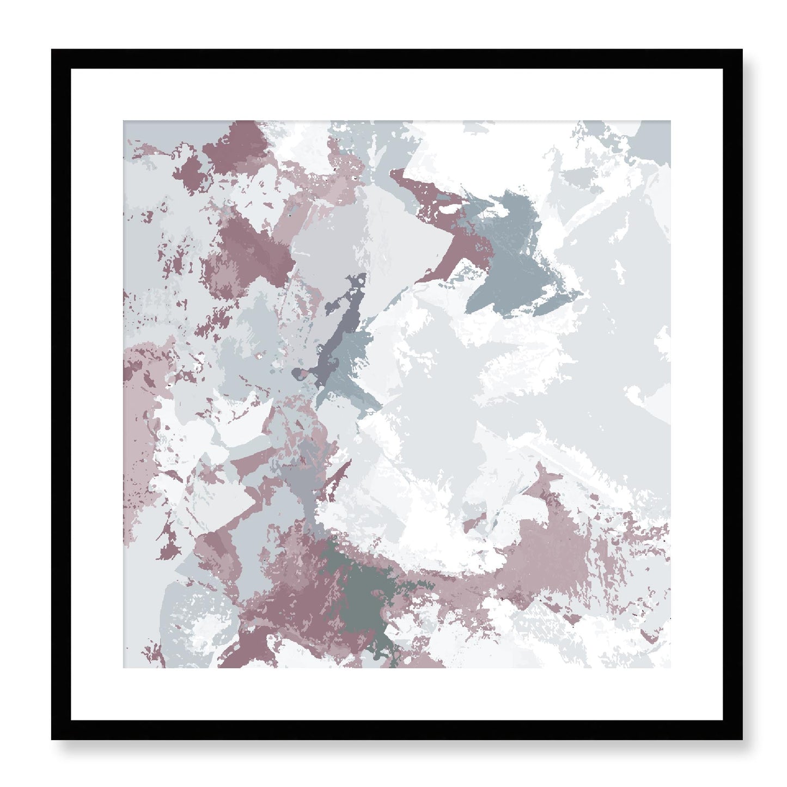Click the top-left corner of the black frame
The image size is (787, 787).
[53, 51]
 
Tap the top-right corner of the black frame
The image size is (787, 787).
[741, 51]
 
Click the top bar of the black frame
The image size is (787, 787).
[396, 59]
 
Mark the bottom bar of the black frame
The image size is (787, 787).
[396, 727]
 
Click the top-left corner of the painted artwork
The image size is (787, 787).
[124, 121]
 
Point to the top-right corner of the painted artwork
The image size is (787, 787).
[670, 121]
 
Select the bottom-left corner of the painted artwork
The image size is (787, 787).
[124, 667]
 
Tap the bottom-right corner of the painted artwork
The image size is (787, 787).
[670, 667]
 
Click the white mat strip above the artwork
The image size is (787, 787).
[396, 95]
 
